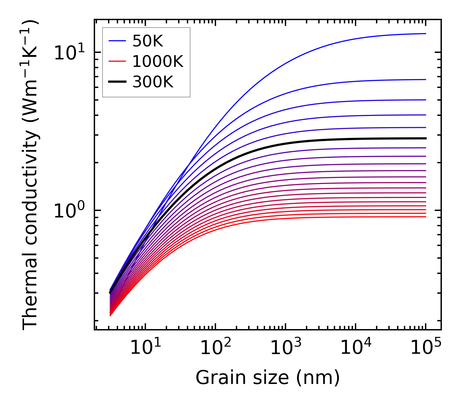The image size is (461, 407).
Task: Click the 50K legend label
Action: [147, 41]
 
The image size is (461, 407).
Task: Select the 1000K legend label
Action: [158, 62]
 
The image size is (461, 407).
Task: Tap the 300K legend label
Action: [153, 82]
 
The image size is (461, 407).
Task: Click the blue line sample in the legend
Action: [117, 41]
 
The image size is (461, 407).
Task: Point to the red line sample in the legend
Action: [117, 62]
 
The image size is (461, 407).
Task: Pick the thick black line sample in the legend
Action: [117, 82]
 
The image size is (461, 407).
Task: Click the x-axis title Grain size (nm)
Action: [268, 378]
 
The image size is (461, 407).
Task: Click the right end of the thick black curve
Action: [425, 138]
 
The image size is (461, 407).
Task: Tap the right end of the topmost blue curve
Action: [425, 33]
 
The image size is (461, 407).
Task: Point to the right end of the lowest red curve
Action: [425, 216]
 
